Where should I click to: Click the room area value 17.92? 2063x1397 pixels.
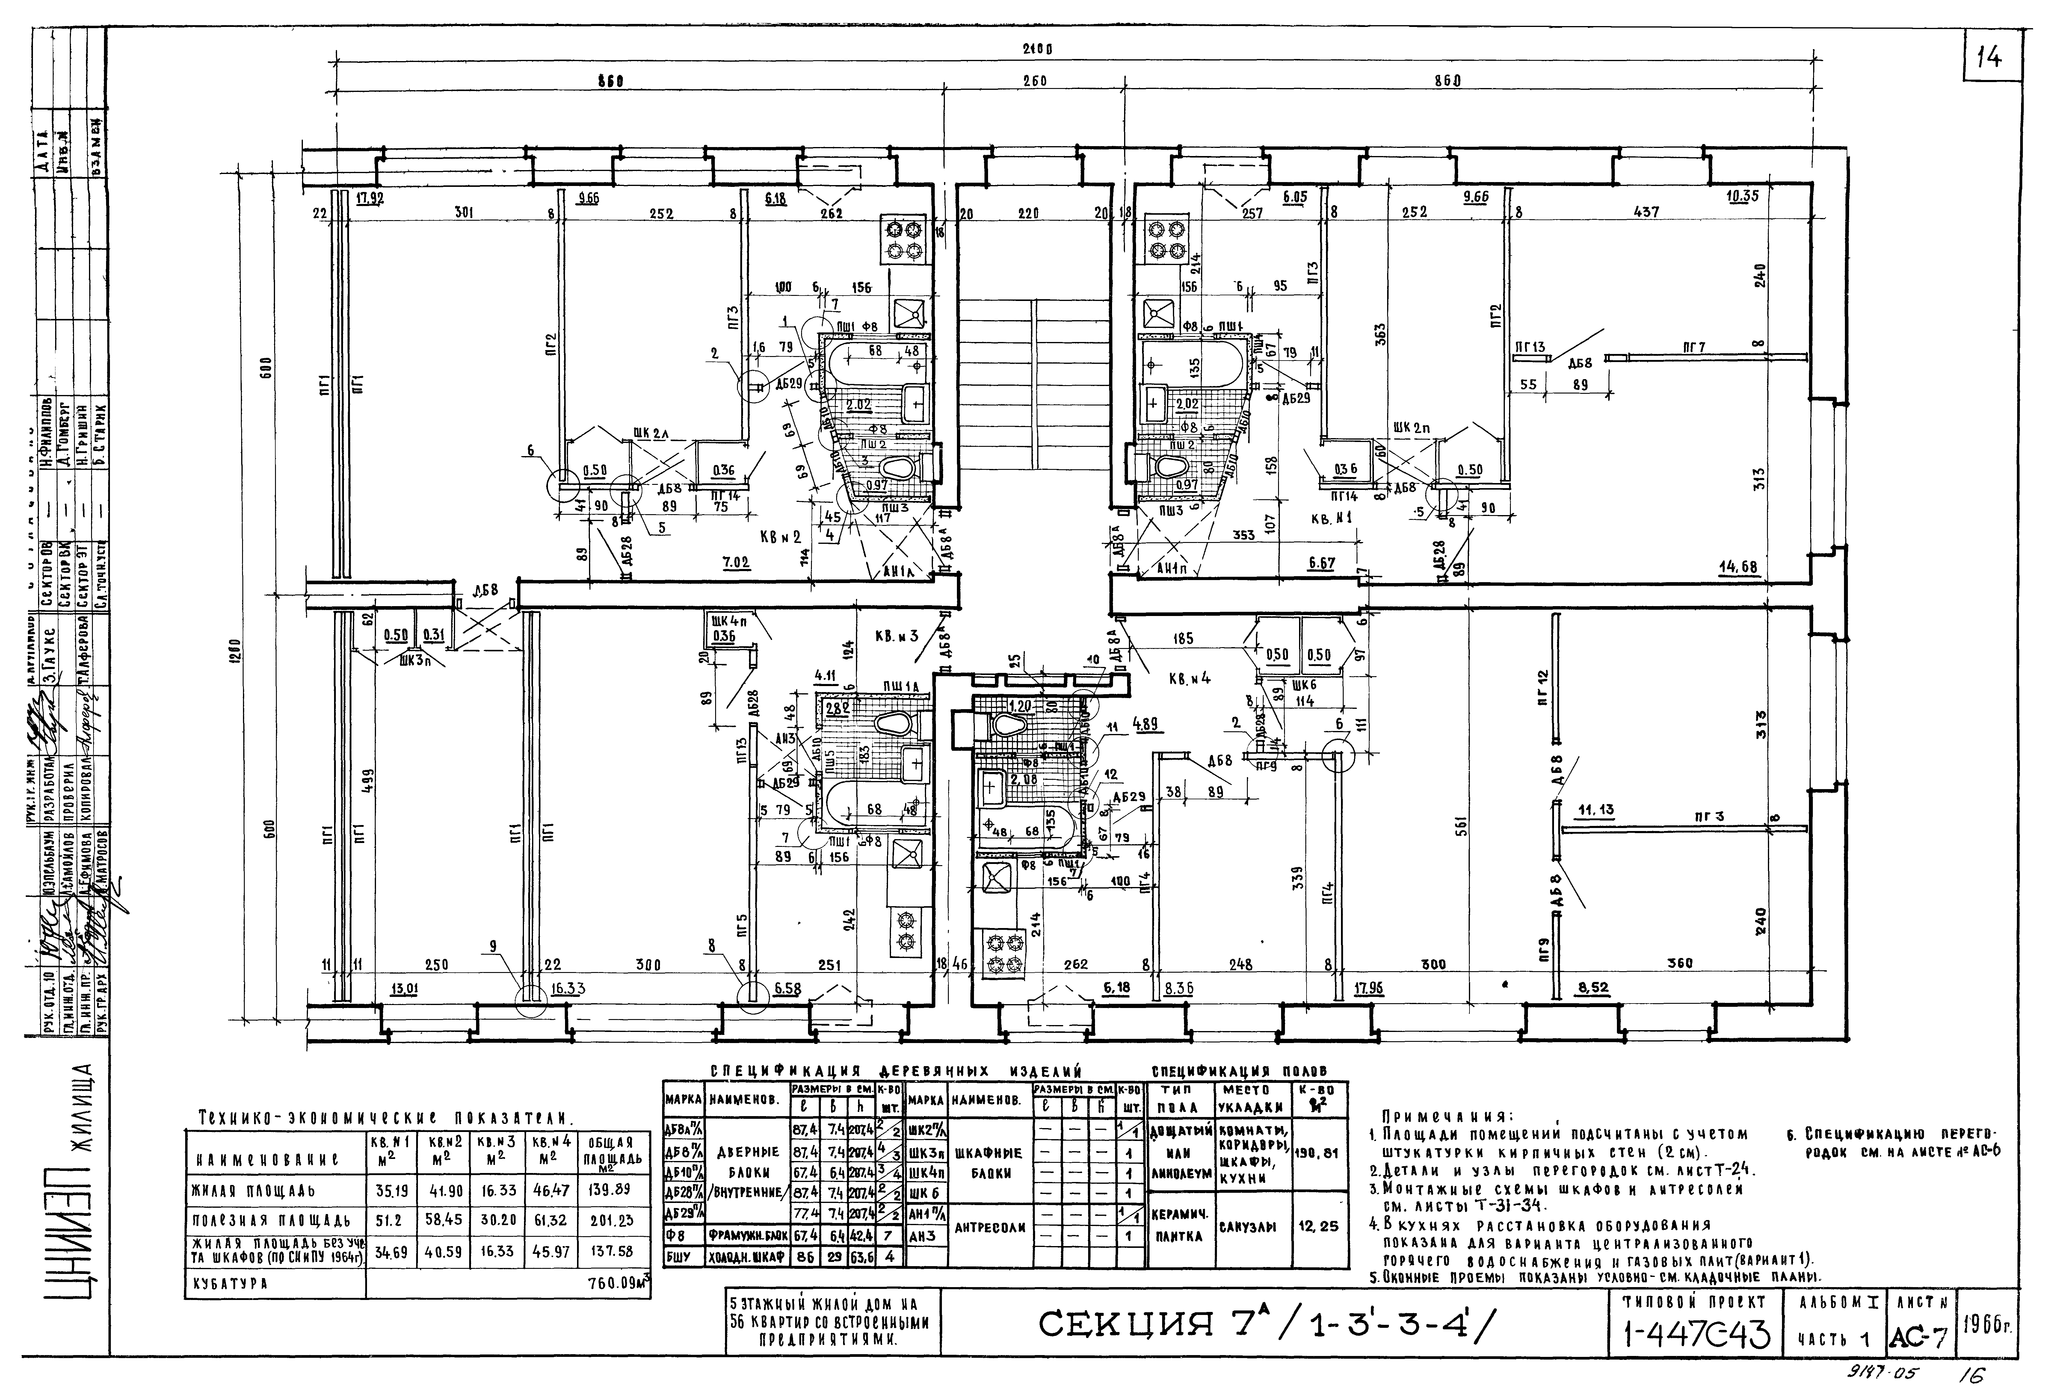point(369,198)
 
